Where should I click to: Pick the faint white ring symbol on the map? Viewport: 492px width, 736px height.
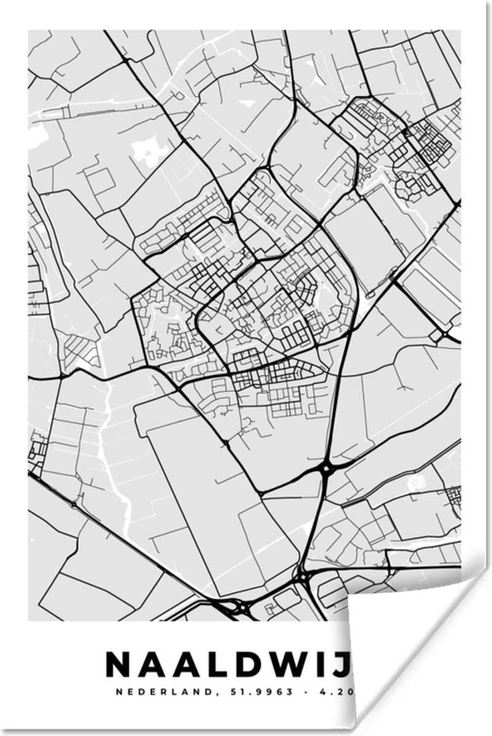point(419,483)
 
